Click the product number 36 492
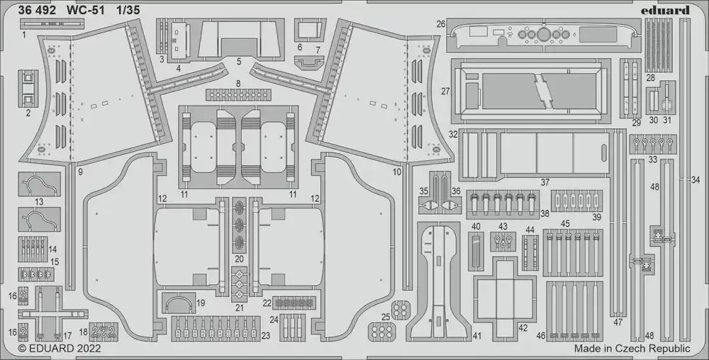(37, 11)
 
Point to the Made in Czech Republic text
(632, 348)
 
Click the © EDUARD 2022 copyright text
(60, 349)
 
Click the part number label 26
(441, 23)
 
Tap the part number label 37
(545, 182)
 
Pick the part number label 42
(523, 328)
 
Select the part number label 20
(239, 259)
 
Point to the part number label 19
(201, 303)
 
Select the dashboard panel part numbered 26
(545, 35)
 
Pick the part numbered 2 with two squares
(28, 88)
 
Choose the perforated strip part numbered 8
(239, 95)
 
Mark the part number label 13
(39, 202)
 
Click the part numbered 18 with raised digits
(104, 332)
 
